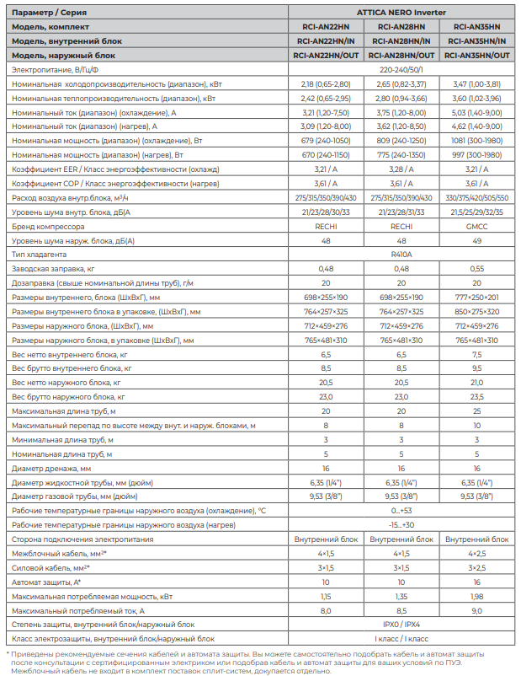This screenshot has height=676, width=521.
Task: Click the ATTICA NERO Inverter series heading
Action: click(401, 13)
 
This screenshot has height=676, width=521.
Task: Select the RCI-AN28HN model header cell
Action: click(401, 27)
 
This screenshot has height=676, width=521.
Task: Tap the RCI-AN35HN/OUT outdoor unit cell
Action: click(476, 55)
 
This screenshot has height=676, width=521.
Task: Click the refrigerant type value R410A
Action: click(401, 254)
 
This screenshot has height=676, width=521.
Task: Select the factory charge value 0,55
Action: click(476, 268)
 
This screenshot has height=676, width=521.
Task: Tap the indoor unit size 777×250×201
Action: click(476, 298)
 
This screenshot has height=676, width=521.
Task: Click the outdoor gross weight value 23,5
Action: click(476, 396)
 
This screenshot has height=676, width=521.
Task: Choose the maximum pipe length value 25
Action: click(476, 410)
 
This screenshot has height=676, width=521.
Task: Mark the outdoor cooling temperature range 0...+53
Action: click(401, 511)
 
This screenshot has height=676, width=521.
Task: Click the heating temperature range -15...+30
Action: click(401, 524)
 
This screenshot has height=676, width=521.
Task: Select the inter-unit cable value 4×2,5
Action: click(476, 553)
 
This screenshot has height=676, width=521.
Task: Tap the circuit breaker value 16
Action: click(476, 582)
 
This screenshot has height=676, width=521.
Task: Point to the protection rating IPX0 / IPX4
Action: click(401, 625)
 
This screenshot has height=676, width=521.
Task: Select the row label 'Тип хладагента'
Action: click(39, 254)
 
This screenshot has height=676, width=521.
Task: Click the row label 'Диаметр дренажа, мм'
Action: click(51, 468)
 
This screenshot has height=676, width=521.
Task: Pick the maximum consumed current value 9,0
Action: click(476, 610)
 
